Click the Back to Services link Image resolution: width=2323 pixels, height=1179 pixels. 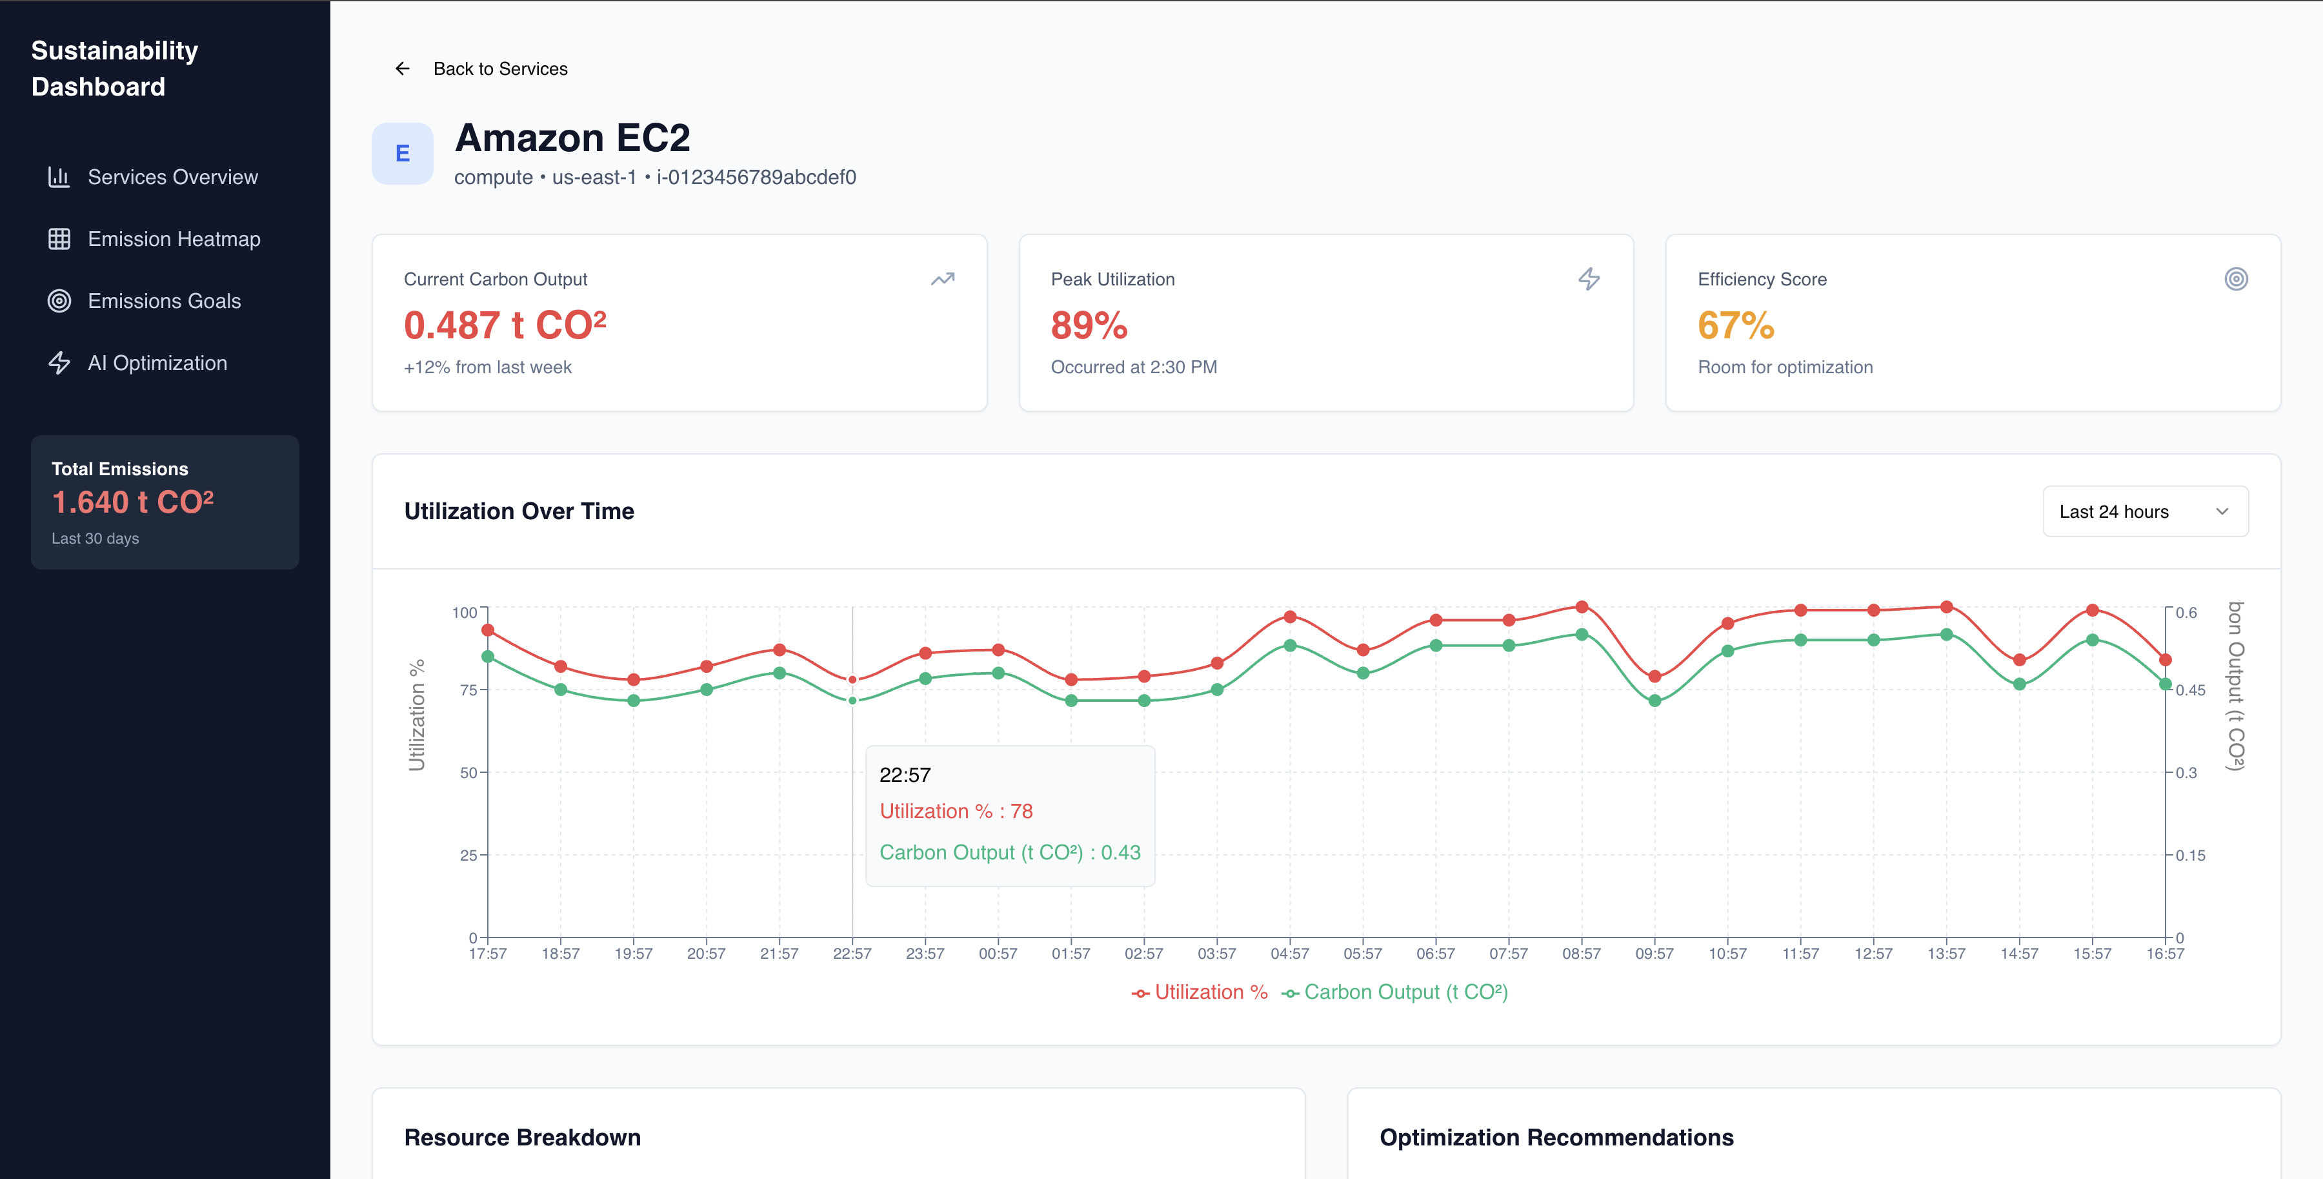click(x=499, y=68)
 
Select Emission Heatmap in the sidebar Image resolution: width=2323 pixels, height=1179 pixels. click(x=173, y=239)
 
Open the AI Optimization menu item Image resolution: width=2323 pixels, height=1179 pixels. click(x=157, y=363)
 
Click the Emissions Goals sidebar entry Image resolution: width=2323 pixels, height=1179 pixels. click(x=163, y=302)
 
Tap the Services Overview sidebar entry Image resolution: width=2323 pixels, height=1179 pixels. click(x=172, y=177)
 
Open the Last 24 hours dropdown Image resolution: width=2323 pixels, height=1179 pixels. click(x=2144, y=511)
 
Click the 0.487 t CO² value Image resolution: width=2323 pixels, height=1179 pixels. click(x=504, y=325)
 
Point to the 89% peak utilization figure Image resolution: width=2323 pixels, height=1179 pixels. click(x=1089, y=325)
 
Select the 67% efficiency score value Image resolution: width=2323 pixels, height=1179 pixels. click(x=1735, y=325)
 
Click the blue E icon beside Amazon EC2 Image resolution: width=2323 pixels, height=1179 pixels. click(x=402, y=154)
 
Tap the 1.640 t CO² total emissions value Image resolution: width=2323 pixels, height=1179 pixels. click(x=132, y=502)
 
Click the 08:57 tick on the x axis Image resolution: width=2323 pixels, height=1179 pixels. click(x=1581, y=954)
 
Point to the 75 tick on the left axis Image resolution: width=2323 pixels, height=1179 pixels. click(x=468, y=690)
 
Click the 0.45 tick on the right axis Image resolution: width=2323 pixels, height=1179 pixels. click(x=2189, y=690)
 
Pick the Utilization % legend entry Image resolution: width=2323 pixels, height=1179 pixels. click(x=1200, y=992)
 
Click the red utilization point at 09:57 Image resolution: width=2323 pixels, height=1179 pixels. click(x=1654, y=677)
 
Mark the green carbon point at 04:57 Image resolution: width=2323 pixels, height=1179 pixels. click(x=1289, y=646)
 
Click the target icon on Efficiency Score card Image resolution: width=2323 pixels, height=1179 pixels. click(x=2235, y=279)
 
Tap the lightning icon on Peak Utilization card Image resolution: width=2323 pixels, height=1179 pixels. click(x=1589, y=279)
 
